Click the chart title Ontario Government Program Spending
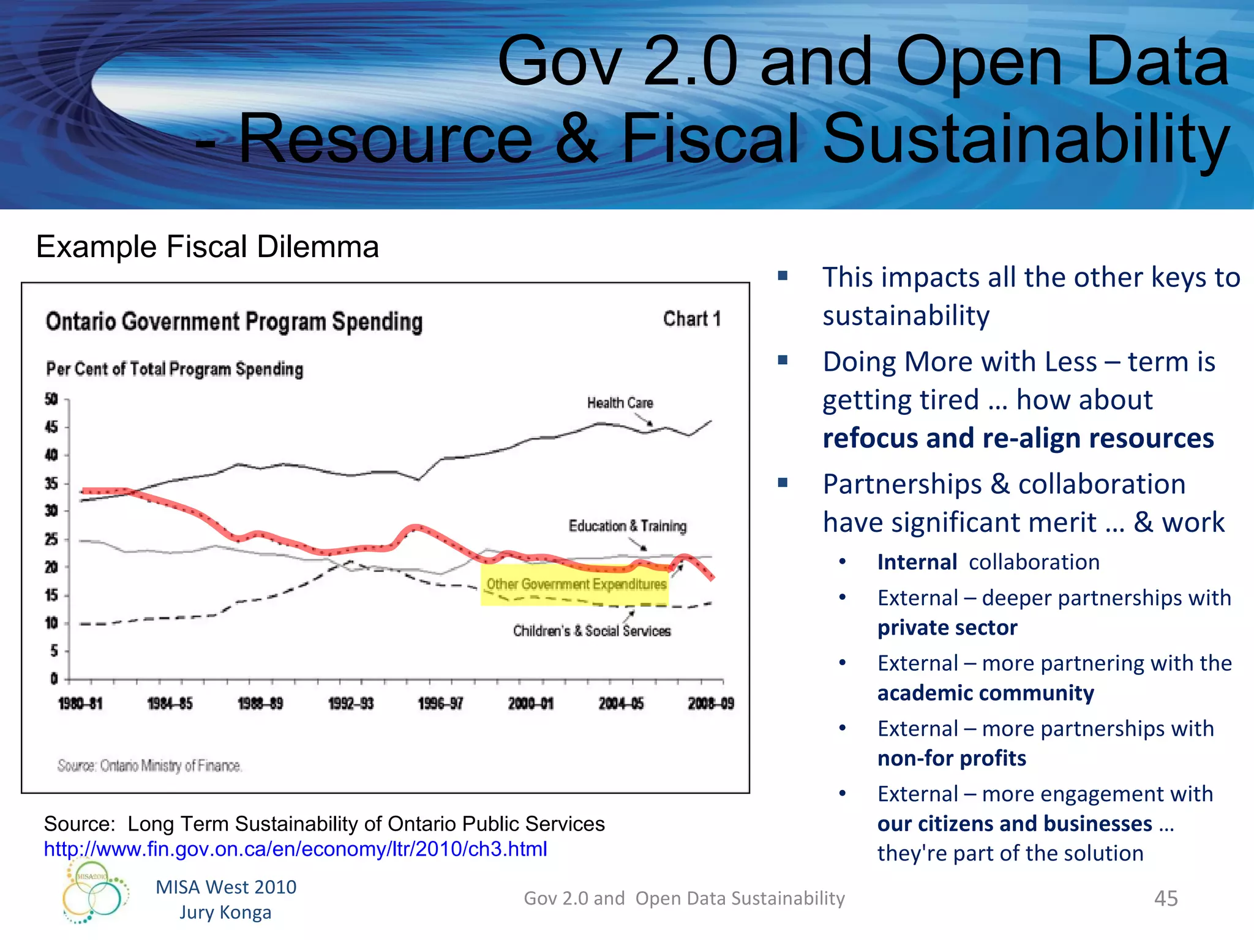(234, 322)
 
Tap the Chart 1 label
(691, 319)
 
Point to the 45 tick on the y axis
(51, 427)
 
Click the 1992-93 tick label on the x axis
(350, 704)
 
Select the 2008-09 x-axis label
(710, 704)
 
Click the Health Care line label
(620, 403)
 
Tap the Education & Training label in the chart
(627, 526)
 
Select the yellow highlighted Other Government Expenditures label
(576, 584)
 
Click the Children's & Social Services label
(591, 631)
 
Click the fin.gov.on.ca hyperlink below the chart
(295, 849)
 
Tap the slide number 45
(1165, 898)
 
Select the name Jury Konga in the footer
(225, 912)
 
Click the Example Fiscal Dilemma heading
(208, 247)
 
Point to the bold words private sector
(947, 628)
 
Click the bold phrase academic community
(985, 693)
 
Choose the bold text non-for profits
(951, 758)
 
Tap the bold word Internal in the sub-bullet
(917, 562)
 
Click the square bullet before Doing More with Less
(783, 360)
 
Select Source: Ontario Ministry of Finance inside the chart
(149, 766)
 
